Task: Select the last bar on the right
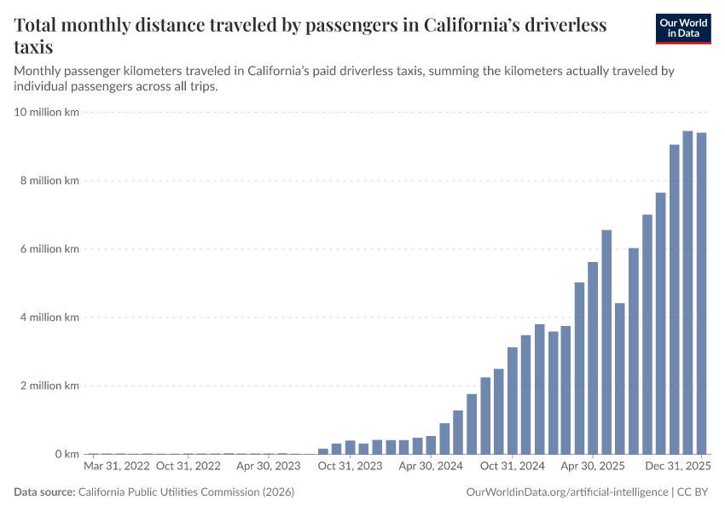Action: (x=701, y=294)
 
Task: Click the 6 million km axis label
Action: (x=50, y=249)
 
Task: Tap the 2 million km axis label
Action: (x=50, y=386)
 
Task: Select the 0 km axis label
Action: (x=67, y=454)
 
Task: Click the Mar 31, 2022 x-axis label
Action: (x=117, y=467)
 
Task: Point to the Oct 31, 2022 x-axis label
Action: (x=189, y=467)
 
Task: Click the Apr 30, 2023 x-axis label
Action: (x=269, y=467)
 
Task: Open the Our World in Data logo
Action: (x=682, y=28)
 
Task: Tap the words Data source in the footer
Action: (x=43, y=492)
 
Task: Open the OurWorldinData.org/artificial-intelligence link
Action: (x=566, y=492)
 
